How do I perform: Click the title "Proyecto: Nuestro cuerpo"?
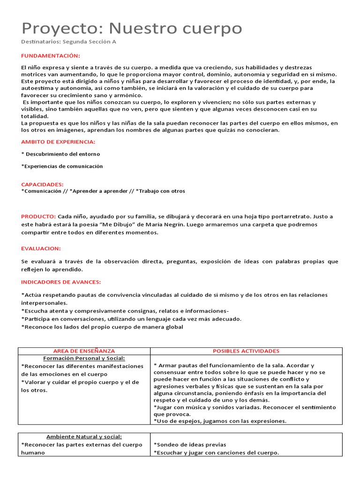coord(132,29)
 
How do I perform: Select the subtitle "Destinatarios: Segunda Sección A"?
coord(68,42)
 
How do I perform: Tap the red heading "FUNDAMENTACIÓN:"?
coord(50,56)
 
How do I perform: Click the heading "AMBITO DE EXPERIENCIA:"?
coord(58,142)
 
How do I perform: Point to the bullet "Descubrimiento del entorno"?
coord(62,154)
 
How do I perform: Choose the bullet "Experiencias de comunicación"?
coord(62,166)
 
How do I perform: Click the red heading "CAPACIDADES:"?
coord(42,185)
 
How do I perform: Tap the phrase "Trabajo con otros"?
coord(162,191)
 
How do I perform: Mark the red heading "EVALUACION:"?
coord(41,248)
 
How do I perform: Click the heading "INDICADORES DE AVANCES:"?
coord(61,282)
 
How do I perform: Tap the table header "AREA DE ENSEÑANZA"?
coord(84,351)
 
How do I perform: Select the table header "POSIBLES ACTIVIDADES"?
coord(246,351)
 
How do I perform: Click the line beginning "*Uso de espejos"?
coord(220,421)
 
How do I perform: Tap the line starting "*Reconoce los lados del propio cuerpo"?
coord(102,327)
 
